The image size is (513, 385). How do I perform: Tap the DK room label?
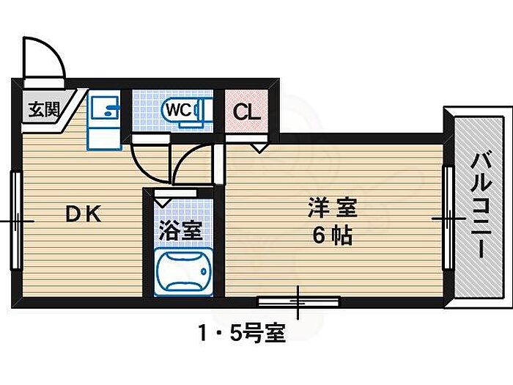coord(84,214)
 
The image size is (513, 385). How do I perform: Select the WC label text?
coord(178,110)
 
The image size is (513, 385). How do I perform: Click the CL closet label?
coord(245,112)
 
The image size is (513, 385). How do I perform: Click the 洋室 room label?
coord(331,208)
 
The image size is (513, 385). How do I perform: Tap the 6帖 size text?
coord(331,236)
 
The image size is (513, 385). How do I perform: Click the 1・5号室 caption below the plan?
coord(240,334)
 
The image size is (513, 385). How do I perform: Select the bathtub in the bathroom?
coord(185,271)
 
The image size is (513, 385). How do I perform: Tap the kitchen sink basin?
coord(107,110)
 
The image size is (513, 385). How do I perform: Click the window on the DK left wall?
coord(14,220)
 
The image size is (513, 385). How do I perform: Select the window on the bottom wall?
coord(298,301)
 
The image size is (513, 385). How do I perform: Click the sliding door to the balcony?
coord(446,218)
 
